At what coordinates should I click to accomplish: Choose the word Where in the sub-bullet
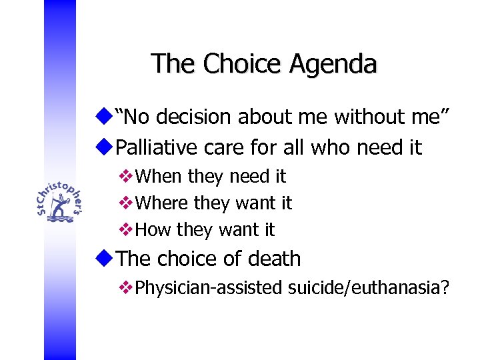162,203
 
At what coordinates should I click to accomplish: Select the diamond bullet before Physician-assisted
125,287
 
